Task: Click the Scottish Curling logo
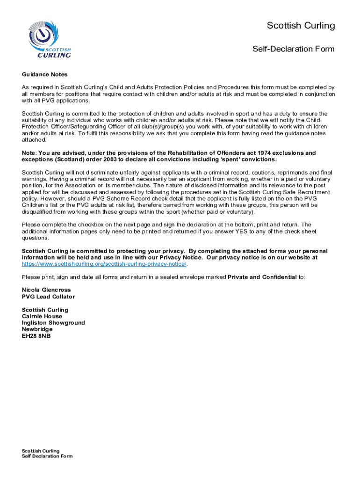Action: [x=49, y=39]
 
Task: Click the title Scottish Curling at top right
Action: [x=301, y=26]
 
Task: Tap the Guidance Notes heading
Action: [x=45, y=74]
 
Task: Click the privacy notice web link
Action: [x=104, y=264]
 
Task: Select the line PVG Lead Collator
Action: [x=48, y=297]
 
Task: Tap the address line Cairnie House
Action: [x=42, y=316]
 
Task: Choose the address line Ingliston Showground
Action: [x=53, y=323]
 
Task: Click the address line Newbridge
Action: [x=37, y=329]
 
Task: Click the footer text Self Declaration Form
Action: [x=47, y=456]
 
